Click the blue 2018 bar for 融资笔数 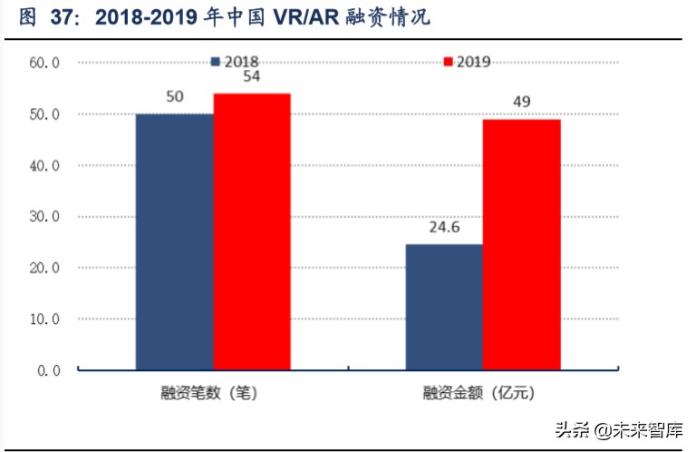click(x=175, y=241)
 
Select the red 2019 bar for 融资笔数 click(x=252, y=231)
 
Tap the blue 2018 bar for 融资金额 click(x=444, y=307)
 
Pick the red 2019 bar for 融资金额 click(x=521, y=244)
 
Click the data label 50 click(x=175, y=96)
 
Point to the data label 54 click(x=251, y=76)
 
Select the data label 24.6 click(x=443, y=227)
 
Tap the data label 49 click(x=521, y=102)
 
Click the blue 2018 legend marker click(x=216, y=62)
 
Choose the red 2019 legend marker click(x=448, y=62)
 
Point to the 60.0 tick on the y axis click(x=43, y=64)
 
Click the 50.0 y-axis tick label click(x=43, y=114)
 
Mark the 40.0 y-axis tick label click(x=43, y=166)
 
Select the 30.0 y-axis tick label click(x=43, y=217)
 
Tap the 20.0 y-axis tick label click(x=43, y=269)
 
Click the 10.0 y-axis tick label click(x=43, y=319)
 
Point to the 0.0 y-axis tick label click(x=47, y=371)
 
